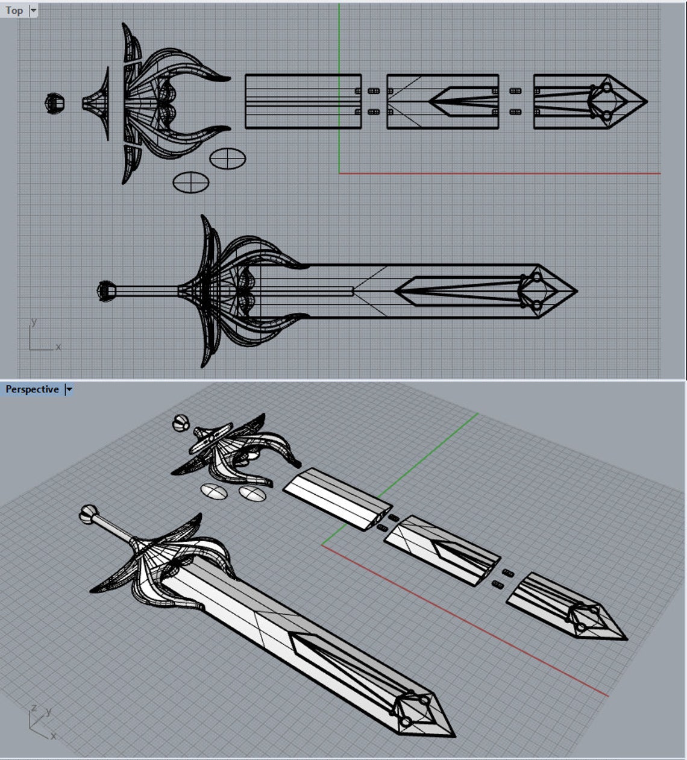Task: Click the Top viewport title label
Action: (14, 10)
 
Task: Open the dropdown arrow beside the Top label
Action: (33, 10)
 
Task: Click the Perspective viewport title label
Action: (32, 389)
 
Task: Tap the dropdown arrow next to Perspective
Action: (69, 389)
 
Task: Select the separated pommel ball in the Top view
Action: (55, 103)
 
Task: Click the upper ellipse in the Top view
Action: (227, 159)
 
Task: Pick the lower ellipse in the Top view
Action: (190, 181)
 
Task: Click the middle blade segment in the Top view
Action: (442, 101)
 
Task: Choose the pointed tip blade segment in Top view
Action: (588, 101)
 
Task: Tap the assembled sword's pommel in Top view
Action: (107, 291)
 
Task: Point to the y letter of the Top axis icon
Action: (34, 322)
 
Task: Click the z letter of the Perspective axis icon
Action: (34, 708)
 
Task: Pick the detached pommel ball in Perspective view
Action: (180, 424)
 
